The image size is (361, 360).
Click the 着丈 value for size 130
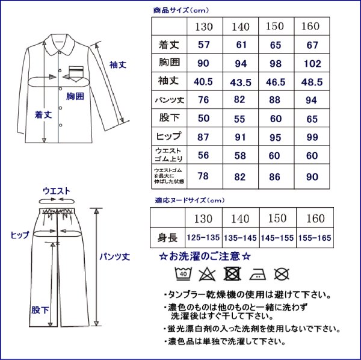[x=204, y=45]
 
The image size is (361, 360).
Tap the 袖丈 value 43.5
[x=241, y=81]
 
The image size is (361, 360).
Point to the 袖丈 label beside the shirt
[x=117, y=64]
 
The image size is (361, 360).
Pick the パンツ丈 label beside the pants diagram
[x=115, y=256]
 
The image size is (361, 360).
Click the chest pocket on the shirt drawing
[x=76, y=75]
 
